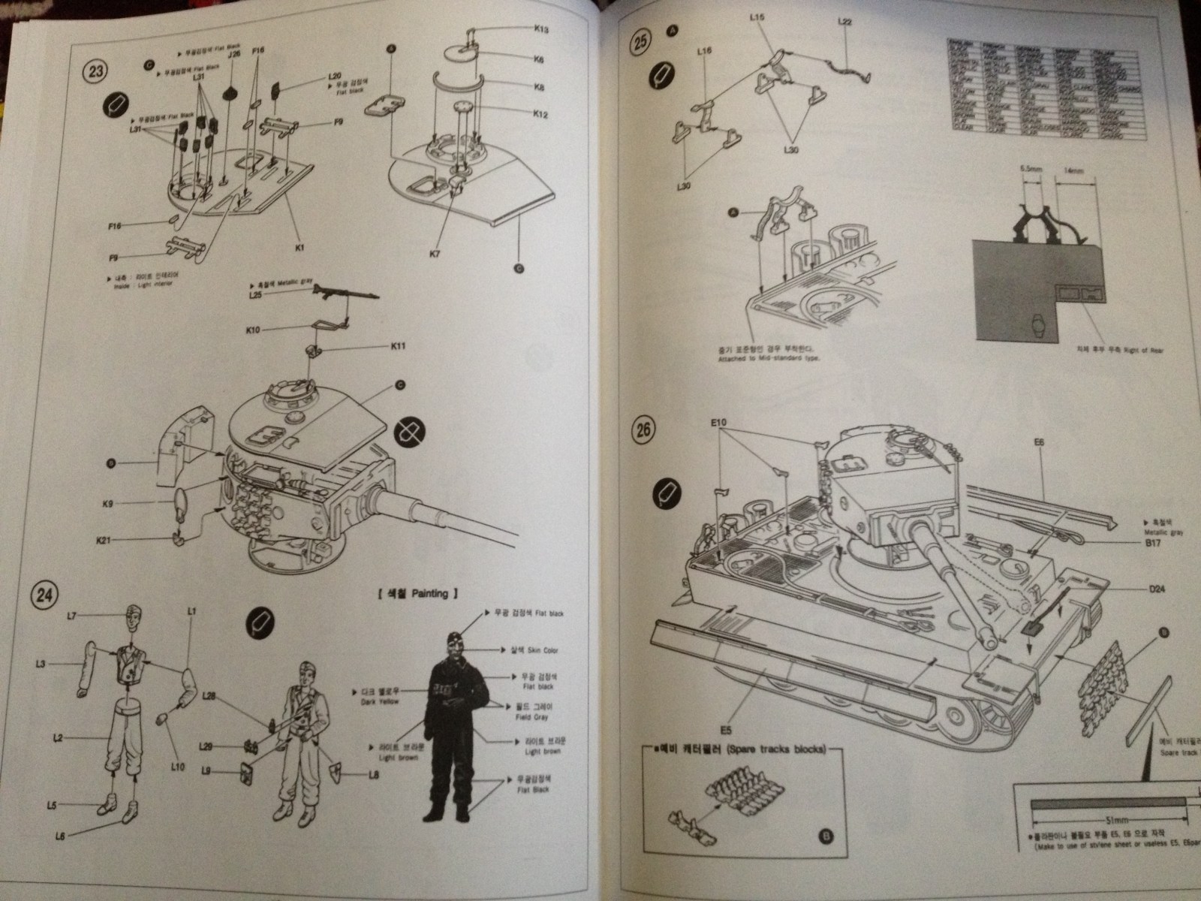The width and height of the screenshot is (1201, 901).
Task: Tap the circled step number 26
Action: (642, 429)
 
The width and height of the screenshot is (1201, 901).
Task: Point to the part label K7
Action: (435, 255)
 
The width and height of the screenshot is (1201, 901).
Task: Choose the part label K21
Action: (104, 541)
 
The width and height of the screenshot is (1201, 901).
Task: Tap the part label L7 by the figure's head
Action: (71, 616)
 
